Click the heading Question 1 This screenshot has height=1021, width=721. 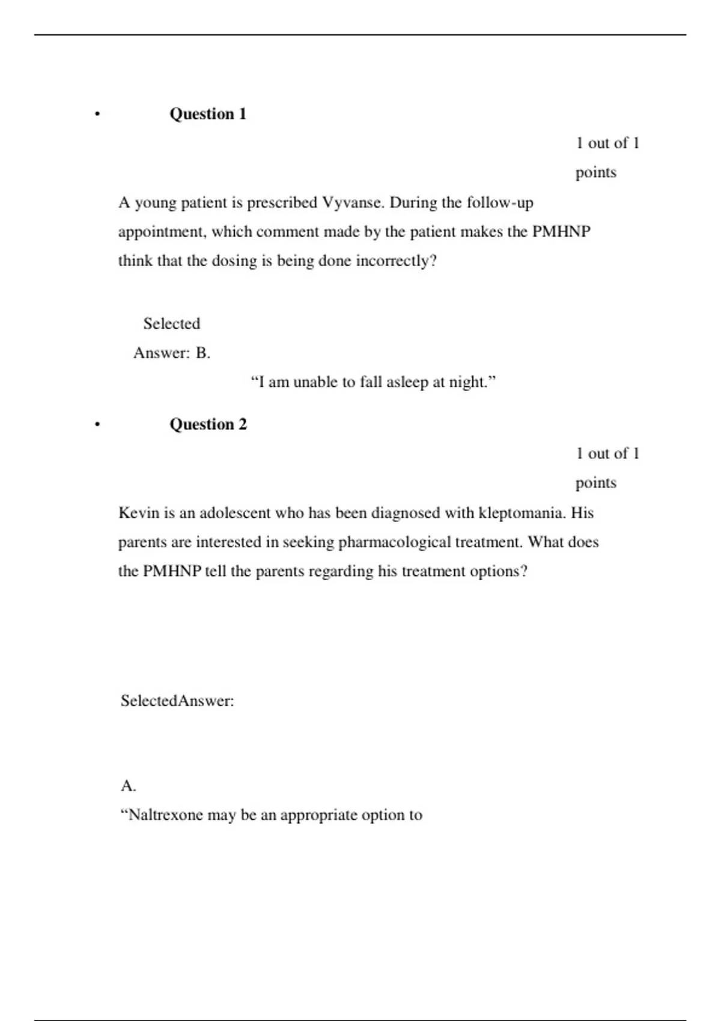(208, 114)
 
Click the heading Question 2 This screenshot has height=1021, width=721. (208, 425)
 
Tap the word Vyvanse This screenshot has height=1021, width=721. (353, 203)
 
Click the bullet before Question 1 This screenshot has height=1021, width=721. (97, 114)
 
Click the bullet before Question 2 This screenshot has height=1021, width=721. (97, 425)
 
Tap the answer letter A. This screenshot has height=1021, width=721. (128, 786)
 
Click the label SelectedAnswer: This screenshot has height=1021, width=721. (177, 701)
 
